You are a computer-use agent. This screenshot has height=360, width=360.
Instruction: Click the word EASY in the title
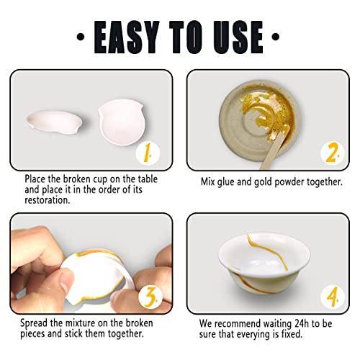tap(127, 37)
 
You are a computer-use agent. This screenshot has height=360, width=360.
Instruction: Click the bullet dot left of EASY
tap(81, 37)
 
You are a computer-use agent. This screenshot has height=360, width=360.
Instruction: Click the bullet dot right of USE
tap(276, 37)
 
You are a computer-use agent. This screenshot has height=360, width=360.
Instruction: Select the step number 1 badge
tap(148, 153)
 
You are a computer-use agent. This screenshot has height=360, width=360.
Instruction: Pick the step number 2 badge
tap(333, 153)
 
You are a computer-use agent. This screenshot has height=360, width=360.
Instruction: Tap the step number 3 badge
tap(150, 297)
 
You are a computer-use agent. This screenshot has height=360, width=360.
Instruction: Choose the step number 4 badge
tap(333, 297)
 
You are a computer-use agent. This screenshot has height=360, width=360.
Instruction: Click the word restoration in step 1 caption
tap(48, 200)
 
